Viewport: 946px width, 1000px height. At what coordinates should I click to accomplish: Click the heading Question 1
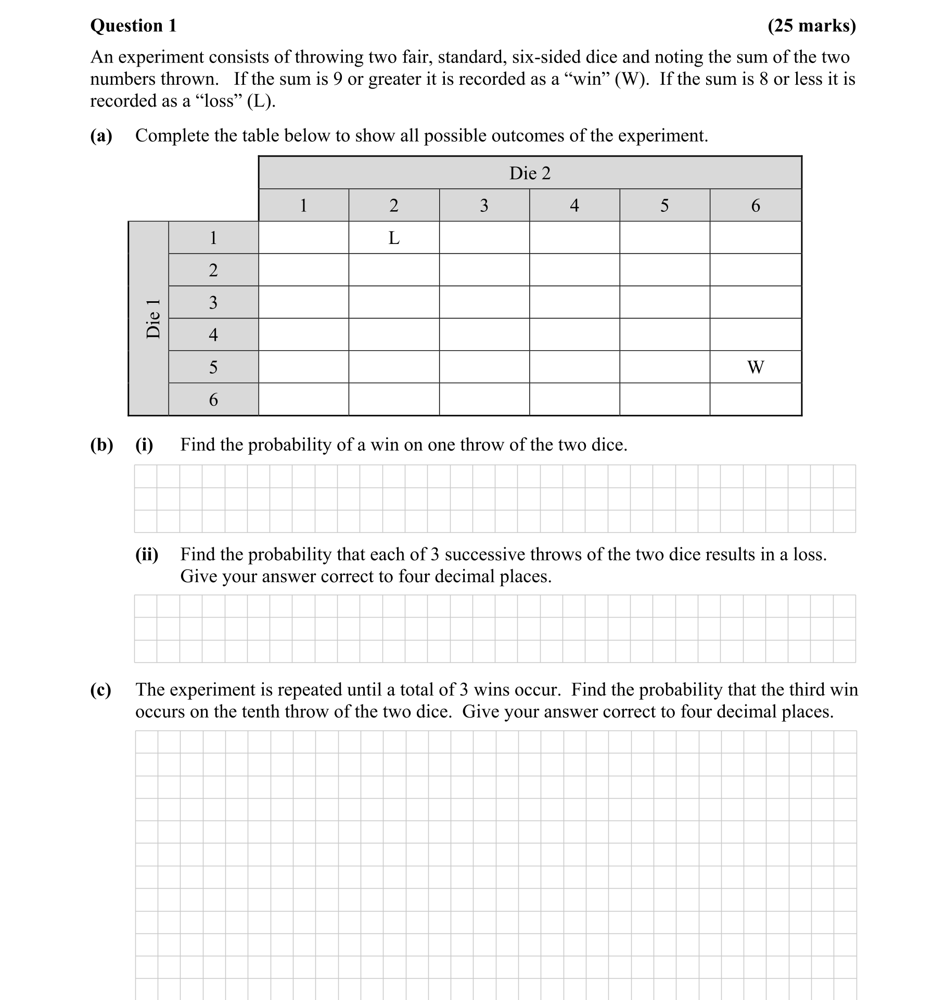pyautogui.click(x=133, y=25)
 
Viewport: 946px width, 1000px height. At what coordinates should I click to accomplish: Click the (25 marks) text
pyautogui.click(x=811, y=25)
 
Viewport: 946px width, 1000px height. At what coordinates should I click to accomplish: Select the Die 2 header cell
pyautogui.click(x=530, y=173)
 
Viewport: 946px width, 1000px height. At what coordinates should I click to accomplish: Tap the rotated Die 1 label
pyautogui.click(x=153, y=318)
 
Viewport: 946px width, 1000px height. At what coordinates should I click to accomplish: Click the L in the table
pyautogui.click(x=394, y=238)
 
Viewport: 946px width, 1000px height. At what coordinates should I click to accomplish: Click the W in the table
pyautogui.click(x=755, y=367)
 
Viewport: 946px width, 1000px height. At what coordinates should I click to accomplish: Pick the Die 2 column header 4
pyautogui.click(x=574, y=206)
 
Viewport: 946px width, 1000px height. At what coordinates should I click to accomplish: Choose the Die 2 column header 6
pyautogui.click(x=755, y=206)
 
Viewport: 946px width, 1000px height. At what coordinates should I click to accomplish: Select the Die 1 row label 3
pyautogui.click(x=213, y=302)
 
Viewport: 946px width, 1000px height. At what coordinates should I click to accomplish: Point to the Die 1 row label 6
pyautogui.click(x=213, y=400)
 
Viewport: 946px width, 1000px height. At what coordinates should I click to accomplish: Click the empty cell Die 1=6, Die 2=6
pyautogui.click(x=755, y=400)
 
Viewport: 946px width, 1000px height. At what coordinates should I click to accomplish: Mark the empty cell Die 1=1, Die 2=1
pyautogui.click(x=303, y=238)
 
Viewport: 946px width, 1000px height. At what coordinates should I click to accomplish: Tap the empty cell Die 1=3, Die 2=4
pyautogui.click(x=574, y=302)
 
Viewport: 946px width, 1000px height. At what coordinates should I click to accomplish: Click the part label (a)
pyautogui.click(x=101, y=136)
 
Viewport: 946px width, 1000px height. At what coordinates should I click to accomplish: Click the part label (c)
pyautogui.click(x=101, y=690)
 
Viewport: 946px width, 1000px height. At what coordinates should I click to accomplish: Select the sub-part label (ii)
pyautogui.click(x=147, y=555)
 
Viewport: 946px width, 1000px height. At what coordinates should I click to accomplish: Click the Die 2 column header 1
pyautogui.click(x=303, y=206)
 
